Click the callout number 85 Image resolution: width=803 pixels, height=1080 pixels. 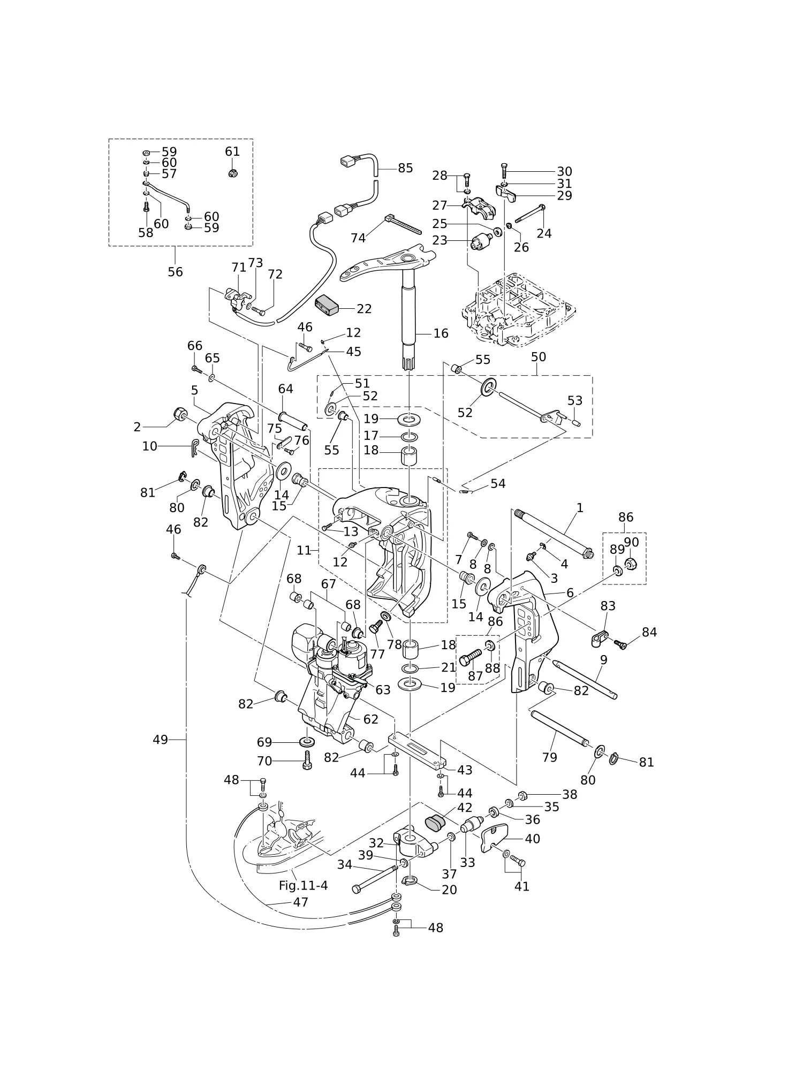coord(405,168)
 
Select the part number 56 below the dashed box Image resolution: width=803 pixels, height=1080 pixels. coord(175,272)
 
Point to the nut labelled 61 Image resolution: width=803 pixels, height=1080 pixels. coord(232,173)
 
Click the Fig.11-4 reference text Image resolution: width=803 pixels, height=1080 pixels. coord(303,886)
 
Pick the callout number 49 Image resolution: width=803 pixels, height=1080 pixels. coord(161,740)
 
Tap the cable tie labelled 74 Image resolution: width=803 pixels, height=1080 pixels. coord(403,225)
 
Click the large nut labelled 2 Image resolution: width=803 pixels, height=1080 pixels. coord(180,414)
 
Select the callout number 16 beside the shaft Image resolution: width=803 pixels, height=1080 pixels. coord(441,333)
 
